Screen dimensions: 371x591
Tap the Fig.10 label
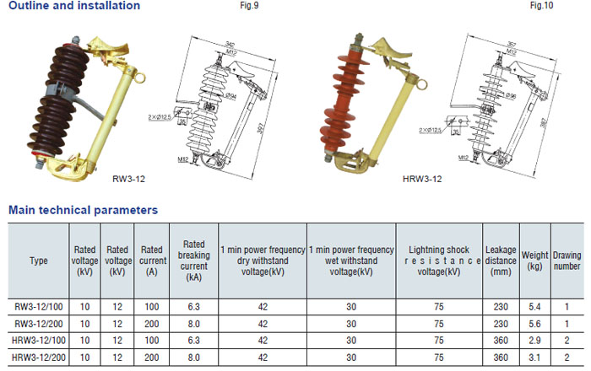[539, 7]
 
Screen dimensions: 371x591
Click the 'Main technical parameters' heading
[82, 209]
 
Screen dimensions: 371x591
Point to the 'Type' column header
[39, 261]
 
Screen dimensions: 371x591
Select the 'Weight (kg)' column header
[534, 261]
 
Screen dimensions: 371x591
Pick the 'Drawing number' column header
[567, 261]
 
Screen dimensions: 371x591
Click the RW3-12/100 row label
[39, 306]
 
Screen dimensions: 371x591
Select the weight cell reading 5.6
[534, 324]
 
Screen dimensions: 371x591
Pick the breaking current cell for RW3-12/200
[194, 324]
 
